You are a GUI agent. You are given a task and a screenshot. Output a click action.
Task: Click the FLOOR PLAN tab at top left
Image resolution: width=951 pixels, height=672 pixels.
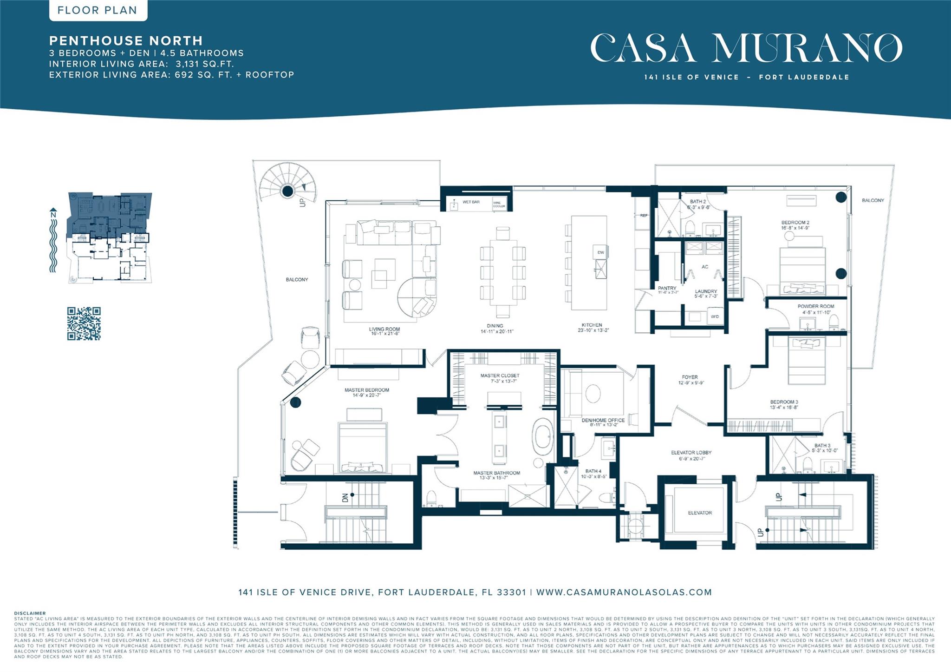(x=98, y=10)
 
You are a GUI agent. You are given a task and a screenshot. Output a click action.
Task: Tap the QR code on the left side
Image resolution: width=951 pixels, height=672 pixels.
(x=84, y=323)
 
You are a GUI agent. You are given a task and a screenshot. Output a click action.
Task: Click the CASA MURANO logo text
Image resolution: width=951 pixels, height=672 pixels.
(x=746, y=48)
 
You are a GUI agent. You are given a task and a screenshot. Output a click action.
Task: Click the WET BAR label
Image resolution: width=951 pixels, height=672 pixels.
(x=471, y=202)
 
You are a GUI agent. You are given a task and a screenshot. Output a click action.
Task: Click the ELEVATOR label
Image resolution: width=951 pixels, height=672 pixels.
(x=700, y=513)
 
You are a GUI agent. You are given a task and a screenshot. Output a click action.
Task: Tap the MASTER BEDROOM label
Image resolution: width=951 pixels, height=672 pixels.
(x=367, y=390)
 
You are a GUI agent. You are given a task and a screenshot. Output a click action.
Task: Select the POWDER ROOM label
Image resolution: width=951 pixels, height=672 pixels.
(x=815, y=306)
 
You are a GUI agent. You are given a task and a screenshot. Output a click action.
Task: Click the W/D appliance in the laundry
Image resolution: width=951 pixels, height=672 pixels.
(x=715, y=316)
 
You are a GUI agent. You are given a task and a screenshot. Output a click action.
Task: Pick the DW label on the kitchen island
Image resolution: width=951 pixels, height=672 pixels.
(x=600, y=252)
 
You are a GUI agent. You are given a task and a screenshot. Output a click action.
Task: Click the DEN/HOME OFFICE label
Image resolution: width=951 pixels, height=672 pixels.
(x=603, y=420)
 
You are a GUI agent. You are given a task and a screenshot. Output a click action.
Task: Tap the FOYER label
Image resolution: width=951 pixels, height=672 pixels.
(x=690, y=377)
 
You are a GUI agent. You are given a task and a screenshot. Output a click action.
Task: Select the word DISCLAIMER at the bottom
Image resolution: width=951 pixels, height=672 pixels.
(x=30, y=613)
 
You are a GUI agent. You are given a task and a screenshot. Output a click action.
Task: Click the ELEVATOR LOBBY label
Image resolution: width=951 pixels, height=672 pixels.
(x=691, y=452)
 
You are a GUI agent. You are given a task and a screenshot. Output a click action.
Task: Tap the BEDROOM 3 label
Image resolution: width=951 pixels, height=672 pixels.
(x=784, y=402)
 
